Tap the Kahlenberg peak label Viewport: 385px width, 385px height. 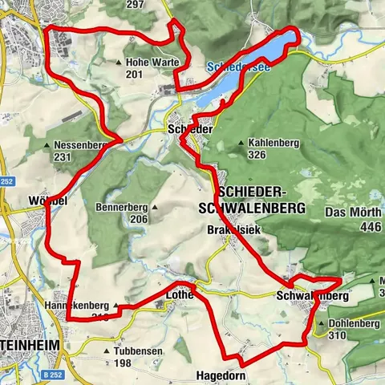[x=269, y=143]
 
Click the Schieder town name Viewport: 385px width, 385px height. [x=190, y=129]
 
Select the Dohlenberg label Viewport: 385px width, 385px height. [x=352, y=324]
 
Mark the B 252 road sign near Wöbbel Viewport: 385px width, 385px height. [x=9, y=182]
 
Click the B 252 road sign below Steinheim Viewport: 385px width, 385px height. [x=53, y=375]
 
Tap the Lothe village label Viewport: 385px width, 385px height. [x=179, y=295]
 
